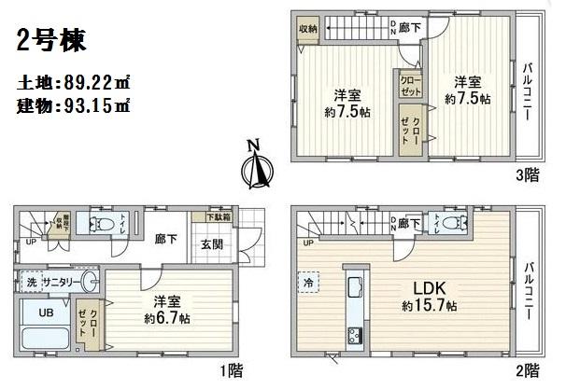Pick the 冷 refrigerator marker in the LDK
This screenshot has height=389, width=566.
pyautogui.click(x=307, y=280)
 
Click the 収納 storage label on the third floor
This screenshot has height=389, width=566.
pyautogui.click(x=308, y=30)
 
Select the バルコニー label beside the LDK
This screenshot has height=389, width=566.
pyautogui.click(x=530, y=289)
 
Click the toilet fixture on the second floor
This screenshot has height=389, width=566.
pyautogui.click(x=453, y=224)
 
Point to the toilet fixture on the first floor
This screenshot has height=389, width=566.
pyautogui.click(x=95, y=224)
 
